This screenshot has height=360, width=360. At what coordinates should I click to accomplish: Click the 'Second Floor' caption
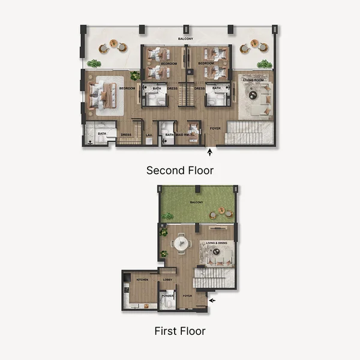coord(180,170)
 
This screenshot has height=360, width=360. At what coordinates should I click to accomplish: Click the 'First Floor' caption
coord(180,331)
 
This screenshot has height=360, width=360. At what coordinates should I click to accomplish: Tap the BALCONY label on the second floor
coord(185,39)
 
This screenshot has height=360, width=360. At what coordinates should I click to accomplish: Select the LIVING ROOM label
coord(253,79)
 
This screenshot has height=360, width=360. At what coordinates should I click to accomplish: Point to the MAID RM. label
coord(184,135)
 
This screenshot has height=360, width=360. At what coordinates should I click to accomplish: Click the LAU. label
coord(149,135)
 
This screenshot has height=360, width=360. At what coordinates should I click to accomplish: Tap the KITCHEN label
coord(142,280)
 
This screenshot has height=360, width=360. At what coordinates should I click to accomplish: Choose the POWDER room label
coord(167,296)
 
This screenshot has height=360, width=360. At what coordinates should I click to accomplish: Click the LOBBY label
coord(168,280)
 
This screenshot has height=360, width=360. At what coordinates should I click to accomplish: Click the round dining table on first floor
coord(181,244)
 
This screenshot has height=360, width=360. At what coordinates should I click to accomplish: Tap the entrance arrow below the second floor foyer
coord(209,154)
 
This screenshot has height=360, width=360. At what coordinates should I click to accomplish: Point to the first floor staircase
coord(213,280)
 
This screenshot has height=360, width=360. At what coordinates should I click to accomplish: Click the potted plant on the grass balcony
coord(169,215)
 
